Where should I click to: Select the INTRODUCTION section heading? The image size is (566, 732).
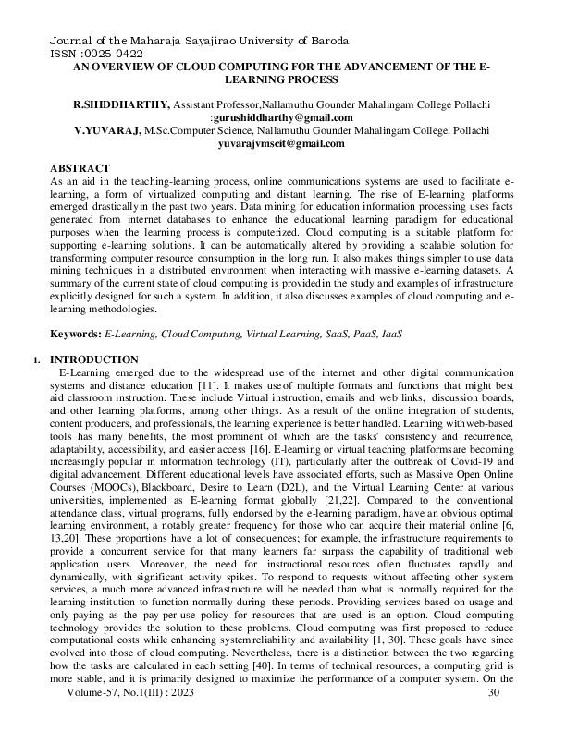click(x=96, y=359)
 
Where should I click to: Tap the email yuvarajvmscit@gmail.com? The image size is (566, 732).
click(x=281, y=144)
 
